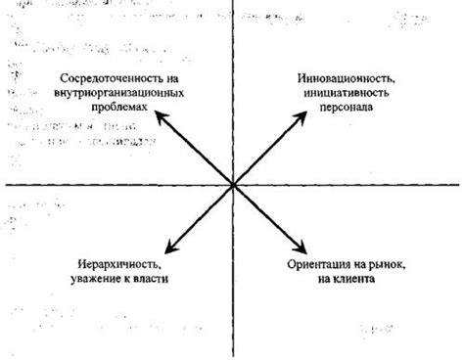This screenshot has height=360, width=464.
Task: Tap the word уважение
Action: pyautogui.click(x=95, y=280)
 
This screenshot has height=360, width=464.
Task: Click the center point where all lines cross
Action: pyautogui.click(x=232, y=184)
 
